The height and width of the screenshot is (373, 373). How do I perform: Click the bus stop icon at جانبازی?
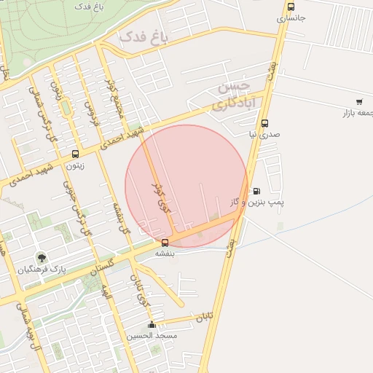(291, 6)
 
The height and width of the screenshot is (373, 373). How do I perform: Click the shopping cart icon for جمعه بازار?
(359, 102)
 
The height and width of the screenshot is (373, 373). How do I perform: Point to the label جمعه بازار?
(357, 113)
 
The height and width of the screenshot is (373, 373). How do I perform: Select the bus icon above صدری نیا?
(264, 123)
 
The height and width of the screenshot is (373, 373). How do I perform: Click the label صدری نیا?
(264, 135)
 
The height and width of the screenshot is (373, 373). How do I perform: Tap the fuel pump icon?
(256, 192)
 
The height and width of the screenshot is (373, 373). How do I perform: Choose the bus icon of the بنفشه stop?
(165, 243)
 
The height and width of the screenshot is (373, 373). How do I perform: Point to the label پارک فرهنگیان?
(42, 269)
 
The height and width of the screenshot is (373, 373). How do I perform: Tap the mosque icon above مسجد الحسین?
(152, 325)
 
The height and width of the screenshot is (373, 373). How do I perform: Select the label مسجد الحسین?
(152, 336)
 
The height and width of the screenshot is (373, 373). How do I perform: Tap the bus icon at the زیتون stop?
(75, 154)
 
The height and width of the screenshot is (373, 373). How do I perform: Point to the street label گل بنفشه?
(118, 217)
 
